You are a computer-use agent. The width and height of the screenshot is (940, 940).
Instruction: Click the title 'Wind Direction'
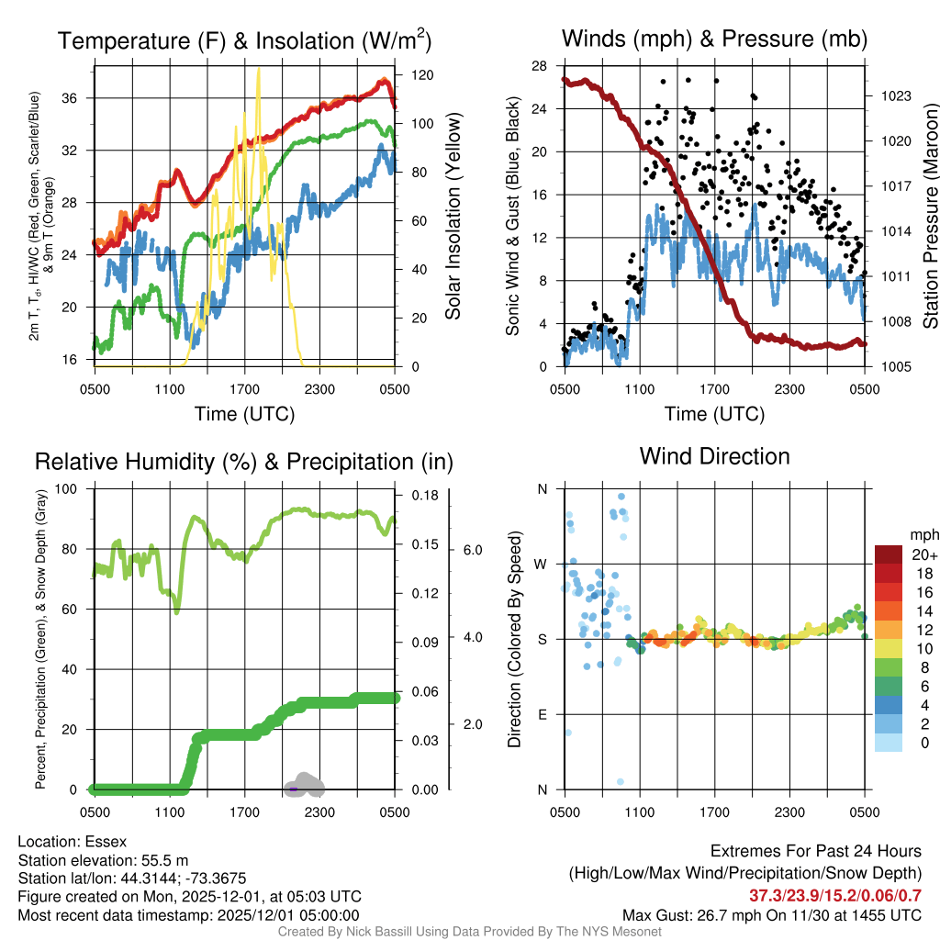point(714,456)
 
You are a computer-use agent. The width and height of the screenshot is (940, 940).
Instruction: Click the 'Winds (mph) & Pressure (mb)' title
point(714,39)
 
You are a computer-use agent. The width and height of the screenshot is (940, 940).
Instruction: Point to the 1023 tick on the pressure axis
point(889,95)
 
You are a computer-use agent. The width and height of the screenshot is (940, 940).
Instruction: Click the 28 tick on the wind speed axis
point(540,66)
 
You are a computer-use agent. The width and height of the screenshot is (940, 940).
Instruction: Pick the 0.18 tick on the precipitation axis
point(419,496)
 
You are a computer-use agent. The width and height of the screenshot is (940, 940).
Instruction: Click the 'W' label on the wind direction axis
point(541,564)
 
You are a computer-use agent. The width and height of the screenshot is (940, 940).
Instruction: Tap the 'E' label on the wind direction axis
point(541,714)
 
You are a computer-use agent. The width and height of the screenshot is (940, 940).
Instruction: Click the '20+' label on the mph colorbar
point(923,555)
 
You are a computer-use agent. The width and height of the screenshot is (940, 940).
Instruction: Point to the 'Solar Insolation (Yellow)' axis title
point(453,217)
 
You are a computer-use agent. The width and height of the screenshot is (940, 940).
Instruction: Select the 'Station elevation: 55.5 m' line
point(103,860)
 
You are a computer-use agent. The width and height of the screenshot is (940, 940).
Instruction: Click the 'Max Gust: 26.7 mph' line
point(771,915)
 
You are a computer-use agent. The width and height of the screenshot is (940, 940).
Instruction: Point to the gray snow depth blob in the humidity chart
point(307,784)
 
